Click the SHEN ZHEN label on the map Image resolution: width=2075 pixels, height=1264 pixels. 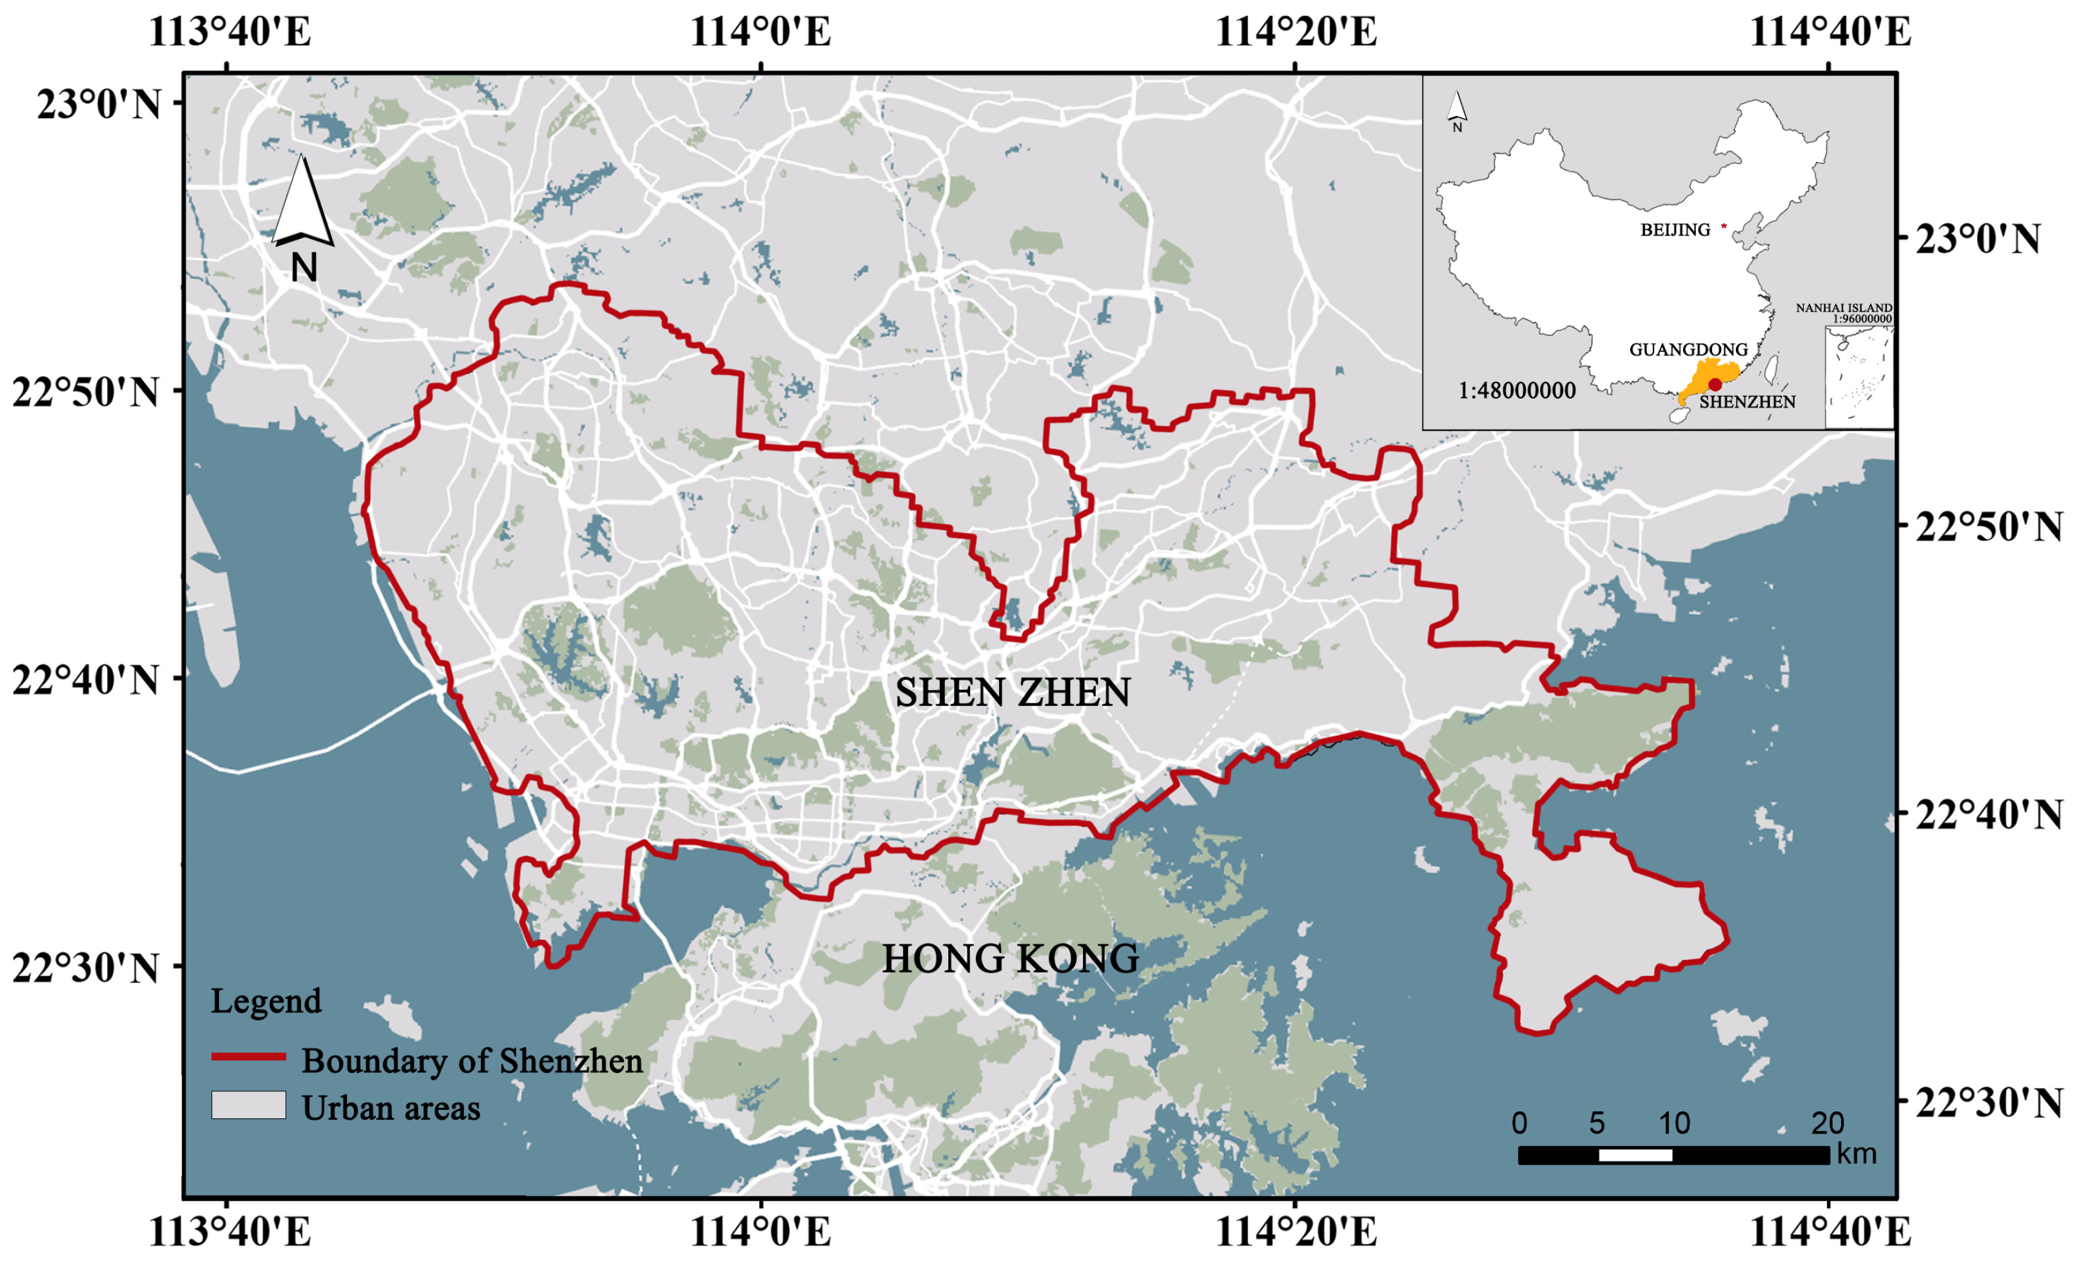1012,693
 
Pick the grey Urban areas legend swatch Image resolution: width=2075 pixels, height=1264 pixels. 248,1105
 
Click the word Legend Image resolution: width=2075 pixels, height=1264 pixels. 266,1001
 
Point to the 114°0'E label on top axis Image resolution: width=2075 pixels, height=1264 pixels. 761,32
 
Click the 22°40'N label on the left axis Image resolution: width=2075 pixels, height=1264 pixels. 85,679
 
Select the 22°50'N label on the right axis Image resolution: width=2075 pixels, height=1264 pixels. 1988,527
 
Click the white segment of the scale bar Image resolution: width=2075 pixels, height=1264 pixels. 1635,1155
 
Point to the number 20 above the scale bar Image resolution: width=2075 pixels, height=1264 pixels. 1827,1123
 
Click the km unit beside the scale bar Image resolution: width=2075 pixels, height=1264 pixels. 1857,1154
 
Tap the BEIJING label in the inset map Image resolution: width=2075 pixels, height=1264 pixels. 1675,230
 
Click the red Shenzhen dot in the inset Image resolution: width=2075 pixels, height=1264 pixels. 1715,385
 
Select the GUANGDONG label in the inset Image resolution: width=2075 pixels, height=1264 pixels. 1688,349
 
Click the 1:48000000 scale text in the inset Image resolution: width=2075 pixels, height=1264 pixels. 1517,391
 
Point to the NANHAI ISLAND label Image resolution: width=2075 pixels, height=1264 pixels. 1844,308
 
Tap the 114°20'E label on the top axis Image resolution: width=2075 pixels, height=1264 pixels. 1295,32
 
